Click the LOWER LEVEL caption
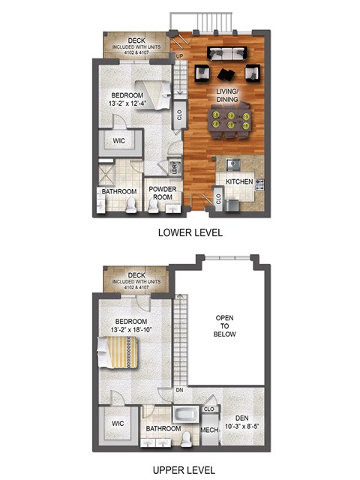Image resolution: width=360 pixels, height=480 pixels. pyautogui.click(x=190, y=232)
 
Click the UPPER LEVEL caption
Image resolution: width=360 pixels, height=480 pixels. pyautogui.click(x=190, y=469)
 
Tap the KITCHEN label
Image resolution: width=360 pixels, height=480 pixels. pyautogui.click(x=232, y=181)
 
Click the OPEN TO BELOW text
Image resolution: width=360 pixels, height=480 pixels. pyautogui.click(x=226, y=326)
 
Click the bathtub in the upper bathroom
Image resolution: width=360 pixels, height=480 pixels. pyautogui.click(x=183, y=414)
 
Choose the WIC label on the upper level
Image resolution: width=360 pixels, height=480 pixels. pyautogui.click(x=116, y=424)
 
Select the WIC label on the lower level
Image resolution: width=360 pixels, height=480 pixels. pyautogui.click(x=119, y=140)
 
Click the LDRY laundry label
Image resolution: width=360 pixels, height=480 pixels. pyautogui.click(x=174, y=167)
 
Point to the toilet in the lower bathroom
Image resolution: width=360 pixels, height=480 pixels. pyautogui.click(x=132, y=202)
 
